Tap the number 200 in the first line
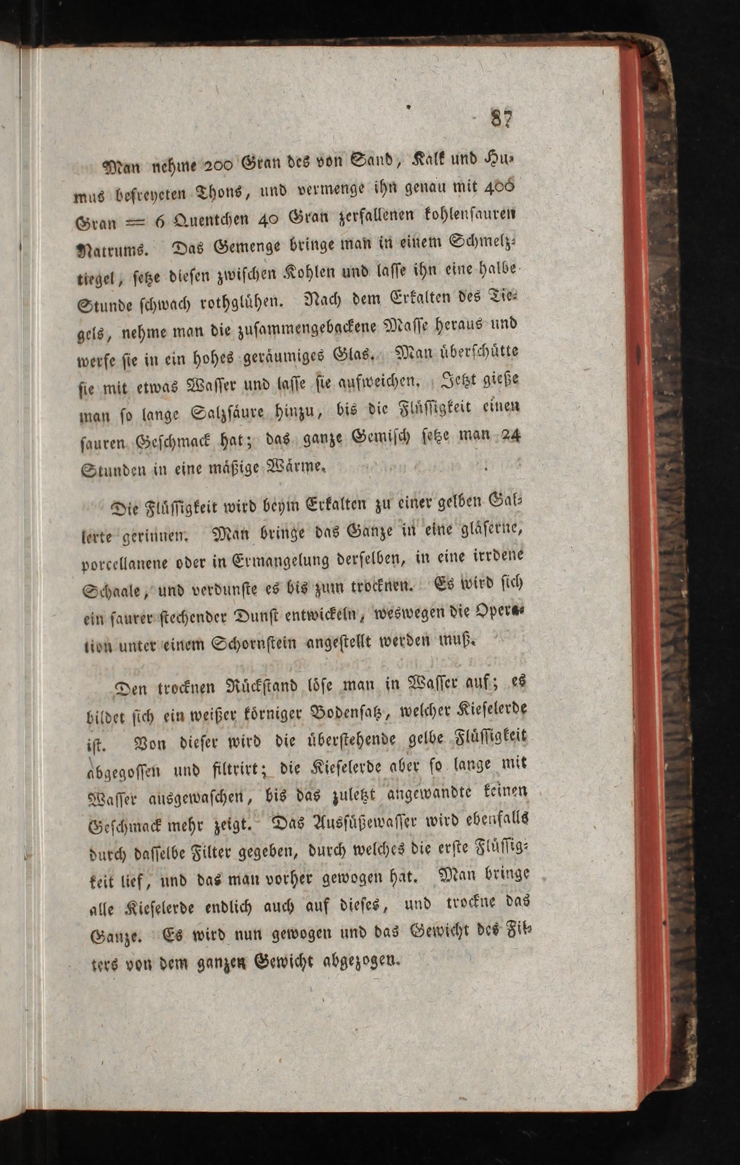tap(220, 166)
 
